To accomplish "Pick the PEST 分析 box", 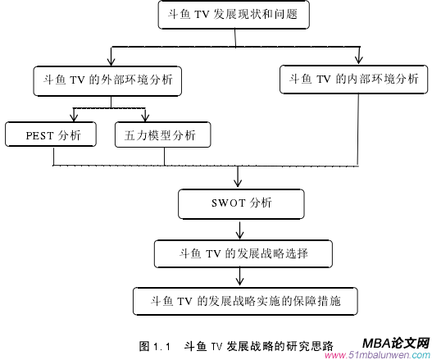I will [x=49, y=135].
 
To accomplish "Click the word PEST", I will [x=40, y=135].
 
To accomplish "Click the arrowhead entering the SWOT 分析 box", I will [x=238, y=185].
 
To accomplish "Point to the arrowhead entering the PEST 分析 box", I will [x=75, y=117].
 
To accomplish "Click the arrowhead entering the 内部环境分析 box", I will [x=359, y=61].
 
